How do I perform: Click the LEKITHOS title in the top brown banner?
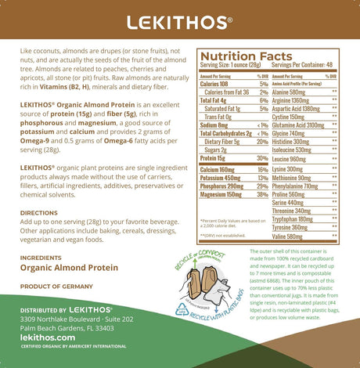(x=179, y=21)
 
